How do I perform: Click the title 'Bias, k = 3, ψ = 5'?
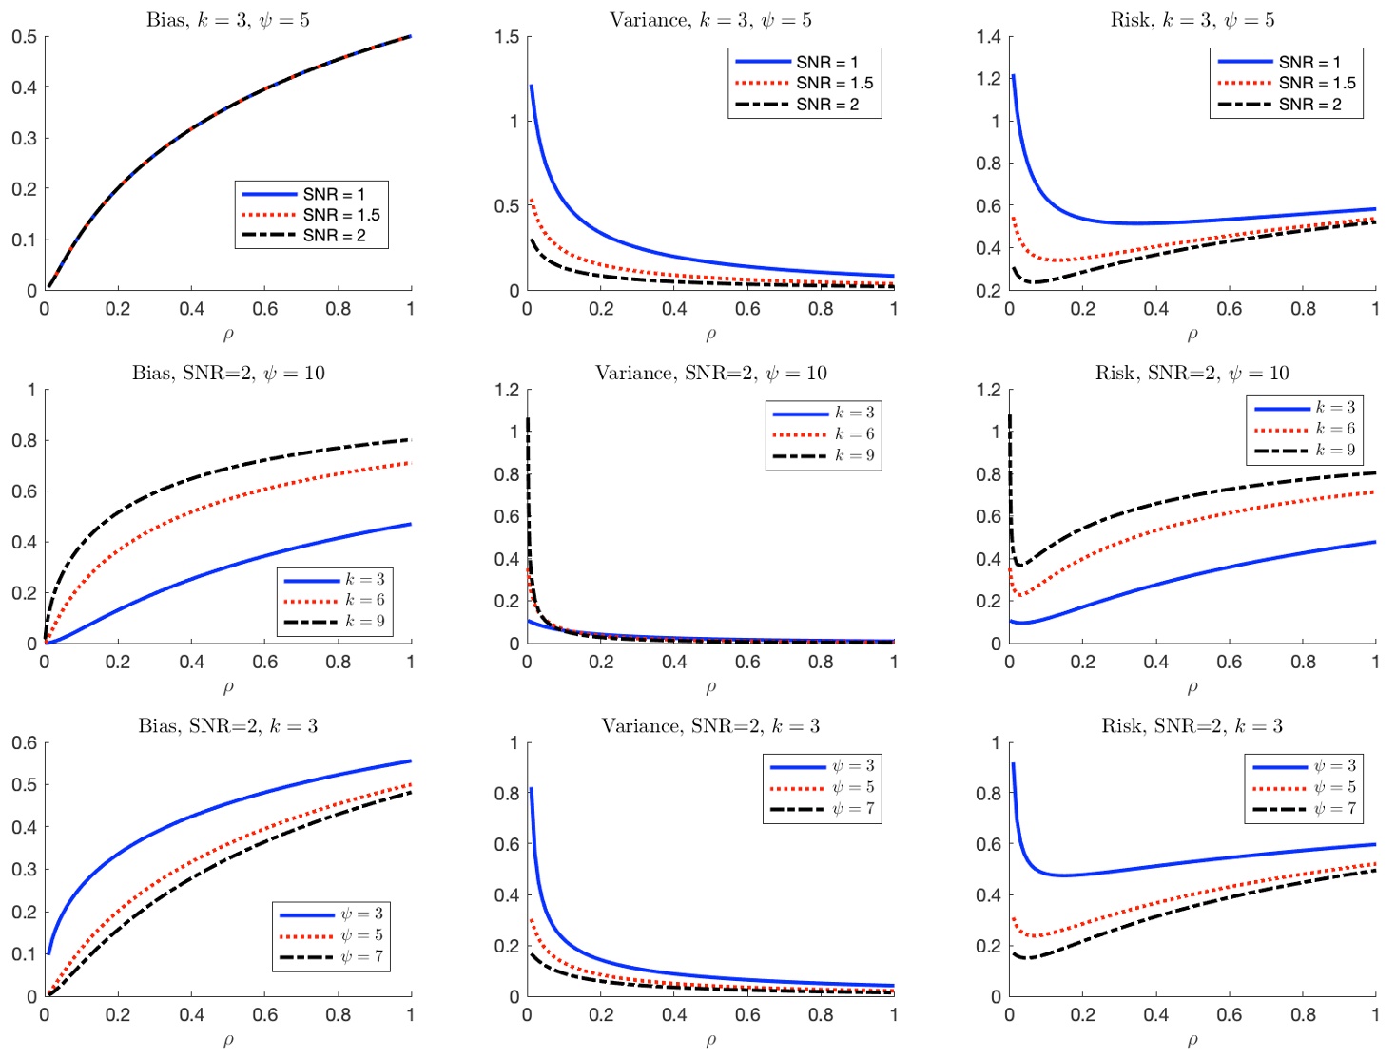pos(228,20)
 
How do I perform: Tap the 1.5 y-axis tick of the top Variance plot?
pos(507,37)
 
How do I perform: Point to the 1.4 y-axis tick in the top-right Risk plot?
pos(988,37)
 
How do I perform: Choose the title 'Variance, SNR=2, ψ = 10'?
pos(710,373)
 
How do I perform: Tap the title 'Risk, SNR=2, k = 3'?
pos(1192,726)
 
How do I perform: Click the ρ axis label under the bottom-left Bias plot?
pos(228,1041)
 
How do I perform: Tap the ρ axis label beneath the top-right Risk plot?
pos(1192,335)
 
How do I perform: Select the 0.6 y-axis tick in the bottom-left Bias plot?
pos(25,743)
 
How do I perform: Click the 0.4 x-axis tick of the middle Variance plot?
pos(674,662)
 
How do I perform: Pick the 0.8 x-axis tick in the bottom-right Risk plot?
pos(1303,1015)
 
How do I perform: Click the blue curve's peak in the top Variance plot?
pos(532,86)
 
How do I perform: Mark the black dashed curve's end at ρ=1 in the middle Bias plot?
pos(411,439)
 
